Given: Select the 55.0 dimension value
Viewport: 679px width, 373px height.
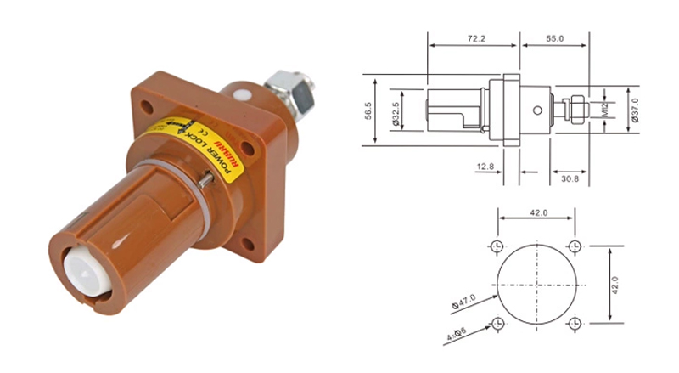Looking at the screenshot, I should point(556,39).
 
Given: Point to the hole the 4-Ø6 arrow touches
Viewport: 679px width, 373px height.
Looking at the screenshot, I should point(497,324).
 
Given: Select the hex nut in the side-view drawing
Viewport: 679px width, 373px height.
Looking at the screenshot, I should point(574,109).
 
